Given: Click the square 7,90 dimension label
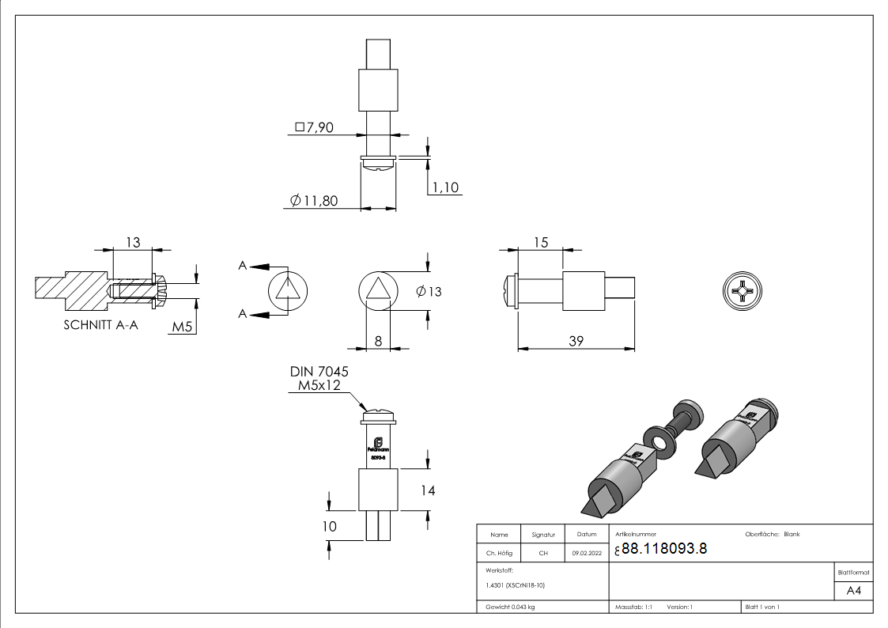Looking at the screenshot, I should coord(314,127).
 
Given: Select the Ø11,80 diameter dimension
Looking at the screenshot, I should coord(314,201).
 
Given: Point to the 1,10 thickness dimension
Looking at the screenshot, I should coord(444,187).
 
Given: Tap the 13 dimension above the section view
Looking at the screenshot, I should coord(133,242).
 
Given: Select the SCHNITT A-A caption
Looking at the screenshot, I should coord(100,324).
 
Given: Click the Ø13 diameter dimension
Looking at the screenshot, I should coord(429,292).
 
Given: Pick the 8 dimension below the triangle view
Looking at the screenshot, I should coord(378,341).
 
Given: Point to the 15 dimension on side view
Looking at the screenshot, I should coord(540,242).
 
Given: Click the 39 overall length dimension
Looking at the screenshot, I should coord(576,341).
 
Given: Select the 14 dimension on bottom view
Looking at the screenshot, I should coord(427,490).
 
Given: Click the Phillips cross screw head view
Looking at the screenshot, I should coord(743,292).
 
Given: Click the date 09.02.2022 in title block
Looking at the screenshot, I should coord(587,554).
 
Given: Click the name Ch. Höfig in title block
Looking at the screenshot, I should coord(498,554).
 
